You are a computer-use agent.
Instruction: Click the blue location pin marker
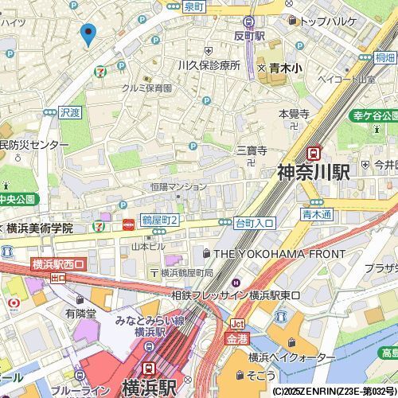88,34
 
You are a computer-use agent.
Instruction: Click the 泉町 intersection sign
193,6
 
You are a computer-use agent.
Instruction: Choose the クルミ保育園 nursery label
147,88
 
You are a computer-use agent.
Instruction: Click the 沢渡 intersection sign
70,114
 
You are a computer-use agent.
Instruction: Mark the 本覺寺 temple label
294,115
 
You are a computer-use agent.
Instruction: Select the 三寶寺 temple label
251,150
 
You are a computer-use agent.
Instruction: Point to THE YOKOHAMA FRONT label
269,253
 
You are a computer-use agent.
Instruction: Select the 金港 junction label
236,338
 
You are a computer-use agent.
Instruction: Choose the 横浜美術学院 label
40,228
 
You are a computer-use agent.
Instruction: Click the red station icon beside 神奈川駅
315,152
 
